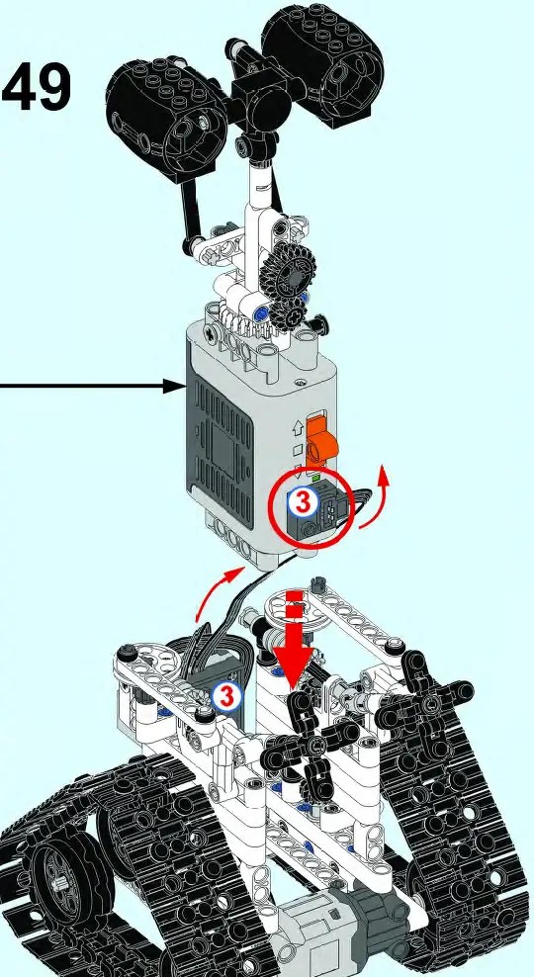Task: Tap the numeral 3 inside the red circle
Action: click(303, 502)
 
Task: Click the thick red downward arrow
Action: click(293, 649)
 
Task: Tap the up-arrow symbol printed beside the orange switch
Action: click(297, 429)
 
